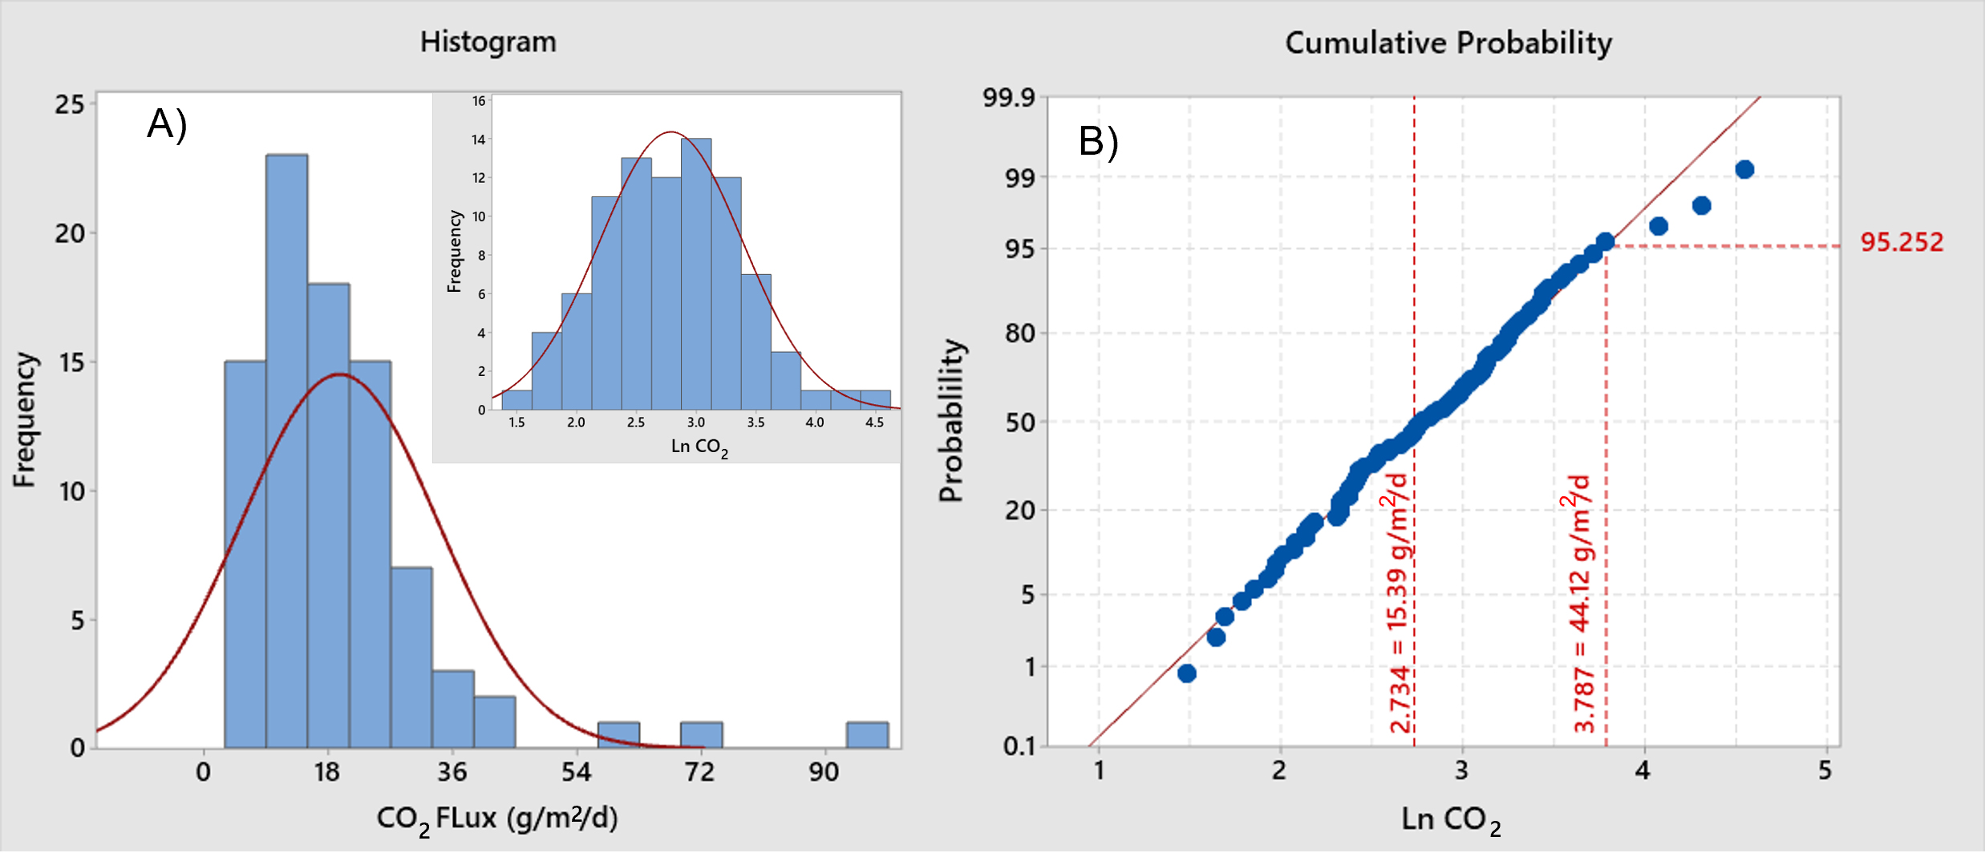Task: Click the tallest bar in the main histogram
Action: [x=286, y=449]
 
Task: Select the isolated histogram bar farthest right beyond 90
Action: [x=867, y=735]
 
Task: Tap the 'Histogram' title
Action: [x=488, y=42]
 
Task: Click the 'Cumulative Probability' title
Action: [x=1448, y=42]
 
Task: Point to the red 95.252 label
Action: [x=1902, y=242]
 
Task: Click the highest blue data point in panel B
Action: [x=1744, y=169]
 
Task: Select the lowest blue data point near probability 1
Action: [x=1187, y=673]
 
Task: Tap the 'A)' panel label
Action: [x=167, y=124]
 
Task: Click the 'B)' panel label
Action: [x=1098, y=142]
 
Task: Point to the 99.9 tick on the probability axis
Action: [x=1009, y=98]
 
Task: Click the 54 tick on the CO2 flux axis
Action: [x=576, y=772]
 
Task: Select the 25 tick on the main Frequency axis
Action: [x=70, y=104]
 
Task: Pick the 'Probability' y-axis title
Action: [x=951, y=421]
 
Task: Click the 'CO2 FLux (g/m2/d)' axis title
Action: [x=497, y=819]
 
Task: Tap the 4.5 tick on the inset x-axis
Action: [x=874, y=422]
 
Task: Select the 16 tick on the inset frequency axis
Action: [x=479, y=101]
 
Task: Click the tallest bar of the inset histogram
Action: [x=695, y=273]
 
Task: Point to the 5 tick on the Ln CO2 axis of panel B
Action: [x=1825, y=771]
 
